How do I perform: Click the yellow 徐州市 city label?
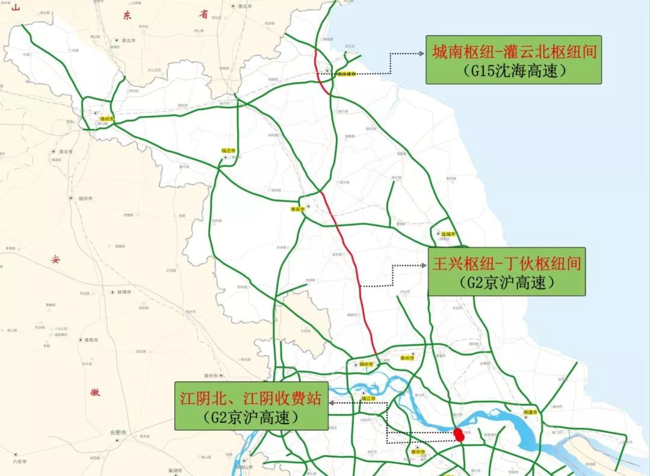[107, 119]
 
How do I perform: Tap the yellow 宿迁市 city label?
[229, 151]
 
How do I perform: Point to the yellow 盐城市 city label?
[447, 234]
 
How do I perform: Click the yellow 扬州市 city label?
[367, 364]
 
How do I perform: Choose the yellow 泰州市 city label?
[407, 358]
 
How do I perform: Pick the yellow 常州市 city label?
[418, 451]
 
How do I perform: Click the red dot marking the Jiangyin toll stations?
[459, 434]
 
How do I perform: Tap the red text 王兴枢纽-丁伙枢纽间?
[506, 264]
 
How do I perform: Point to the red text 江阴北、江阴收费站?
[250, 398]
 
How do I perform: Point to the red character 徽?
[95, 392]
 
